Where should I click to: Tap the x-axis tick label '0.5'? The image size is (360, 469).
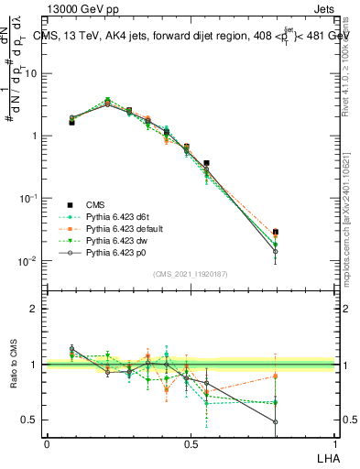click(191, 443)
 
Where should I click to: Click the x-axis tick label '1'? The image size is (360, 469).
click(334, 443)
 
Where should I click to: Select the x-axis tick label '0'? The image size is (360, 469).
click(47, 443)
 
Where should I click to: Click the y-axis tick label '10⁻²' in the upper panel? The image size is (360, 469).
click(30, 261)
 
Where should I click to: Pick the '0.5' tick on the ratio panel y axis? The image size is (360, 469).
click(32, 420)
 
